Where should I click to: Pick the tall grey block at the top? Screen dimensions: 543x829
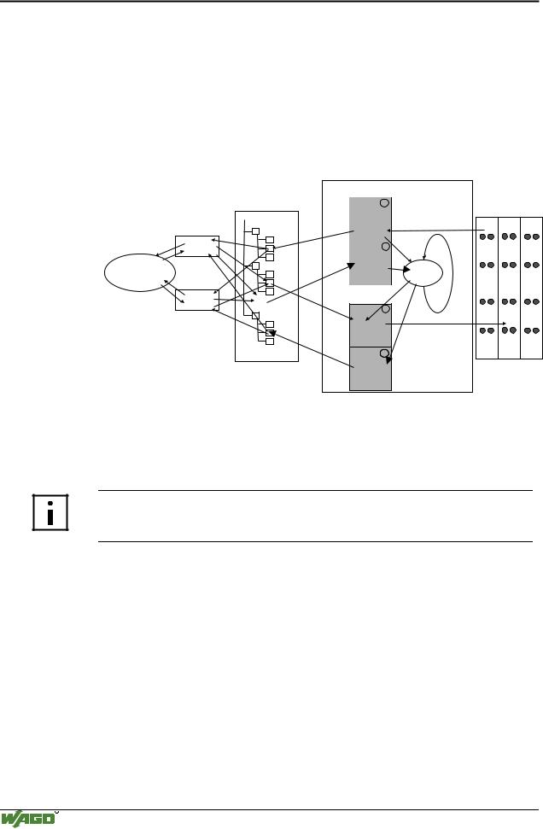370,241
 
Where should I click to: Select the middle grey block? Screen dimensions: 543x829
370,325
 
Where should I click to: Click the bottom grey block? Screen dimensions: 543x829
370,369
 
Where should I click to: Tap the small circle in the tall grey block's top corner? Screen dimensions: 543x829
384,203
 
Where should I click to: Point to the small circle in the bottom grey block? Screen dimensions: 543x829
384,353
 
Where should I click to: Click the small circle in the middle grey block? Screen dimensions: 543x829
385,309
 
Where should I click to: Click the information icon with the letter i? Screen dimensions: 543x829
50,512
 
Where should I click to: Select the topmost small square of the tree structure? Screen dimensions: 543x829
255,231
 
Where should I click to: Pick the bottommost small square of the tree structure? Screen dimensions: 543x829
270,342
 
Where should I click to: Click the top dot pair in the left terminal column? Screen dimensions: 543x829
487,236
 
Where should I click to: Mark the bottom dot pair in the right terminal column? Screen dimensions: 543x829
532,330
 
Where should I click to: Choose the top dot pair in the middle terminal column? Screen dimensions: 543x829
509,236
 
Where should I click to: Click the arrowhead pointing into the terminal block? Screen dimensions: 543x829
505,324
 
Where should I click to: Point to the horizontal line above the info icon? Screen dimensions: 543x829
315,491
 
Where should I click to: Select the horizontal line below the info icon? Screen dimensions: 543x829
315,541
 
